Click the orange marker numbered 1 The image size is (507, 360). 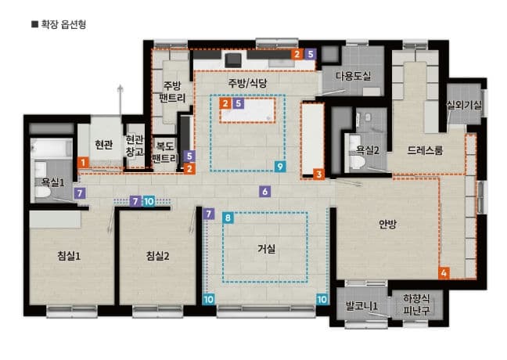82,162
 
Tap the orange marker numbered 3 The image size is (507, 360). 318,175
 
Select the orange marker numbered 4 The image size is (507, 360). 444,273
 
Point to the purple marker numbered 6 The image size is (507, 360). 265,191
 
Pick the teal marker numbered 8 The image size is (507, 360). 228,218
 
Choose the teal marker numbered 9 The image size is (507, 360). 280,167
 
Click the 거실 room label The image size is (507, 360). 267,250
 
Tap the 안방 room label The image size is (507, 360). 388,225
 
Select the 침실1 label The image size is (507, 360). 69,256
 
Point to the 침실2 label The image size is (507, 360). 157,256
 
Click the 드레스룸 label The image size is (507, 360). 426,150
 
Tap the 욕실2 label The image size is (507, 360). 367,149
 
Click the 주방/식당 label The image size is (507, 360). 248,83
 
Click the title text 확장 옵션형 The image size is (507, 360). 63,24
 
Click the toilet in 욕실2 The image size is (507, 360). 357,163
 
